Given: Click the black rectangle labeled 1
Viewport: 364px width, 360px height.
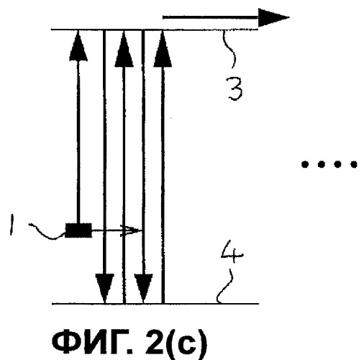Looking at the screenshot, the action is coord(78,230).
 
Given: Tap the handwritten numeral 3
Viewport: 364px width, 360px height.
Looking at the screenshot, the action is coord(235,88).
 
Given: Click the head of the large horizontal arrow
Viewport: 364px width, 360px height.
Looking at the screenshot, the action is coord(274,17).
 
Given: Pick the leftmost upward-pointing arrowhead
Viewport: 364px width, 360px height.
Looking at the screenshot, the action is coord(78,45).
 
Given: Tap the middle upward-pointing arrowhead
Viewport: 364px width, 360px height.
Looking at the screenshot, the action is coord(124,49).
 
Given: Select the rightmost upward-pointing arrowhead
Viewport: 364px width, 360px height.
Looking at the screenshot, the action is coord(163,49).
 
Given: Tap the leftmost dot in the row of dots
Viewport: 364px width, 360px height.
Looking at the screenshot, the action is coord(305,164).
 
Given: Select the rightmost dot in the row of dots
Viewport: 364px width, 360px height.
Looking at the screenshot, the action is coord(354,164).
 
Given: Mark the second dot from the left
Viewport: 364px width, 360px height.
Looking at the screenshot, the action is coord(321,164).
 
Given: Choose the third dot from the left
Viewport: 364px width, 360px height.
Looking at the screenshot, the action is coord(337,164).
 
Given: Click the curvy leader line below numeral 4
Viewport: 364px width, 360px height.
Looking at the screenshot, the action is coord(224,287).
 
